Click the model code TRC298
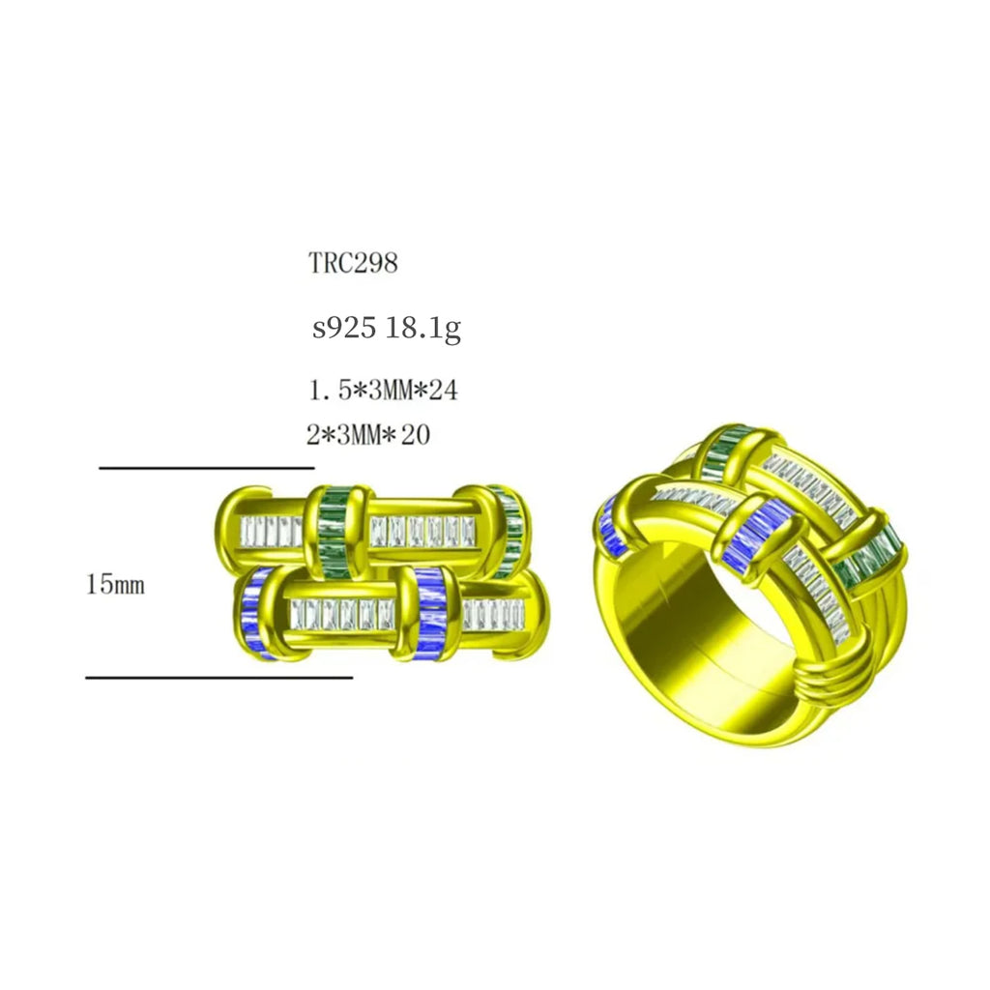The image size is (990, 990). pyautogui.click(x=353, y=263)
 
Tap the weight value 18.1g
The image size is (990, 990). pyautogui.click(x=422, y=329)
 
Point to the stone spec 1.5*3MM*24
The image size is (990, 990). pyautogui.click(x=383, y=391)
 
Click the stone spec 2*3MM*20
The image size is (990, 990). pyautogui.click(x=368, y=435)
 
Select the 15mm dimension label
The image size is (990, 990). pyautogui.click(x=115, y=585)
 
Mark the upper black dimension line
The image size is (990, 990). pyautogui.click(x=206, y=468)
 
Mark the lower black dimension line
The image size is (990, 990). pyautogui.click(x=218, y=677)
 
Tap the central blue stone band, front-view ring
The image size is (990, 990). pyautogui.click(x=427, y=615)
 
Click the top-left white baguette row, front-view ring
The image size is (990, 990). pyautogui.click(x=271, y=530)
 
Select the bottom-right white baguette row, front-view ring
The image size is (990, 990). pyautogui.click(x=492, y=613)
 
